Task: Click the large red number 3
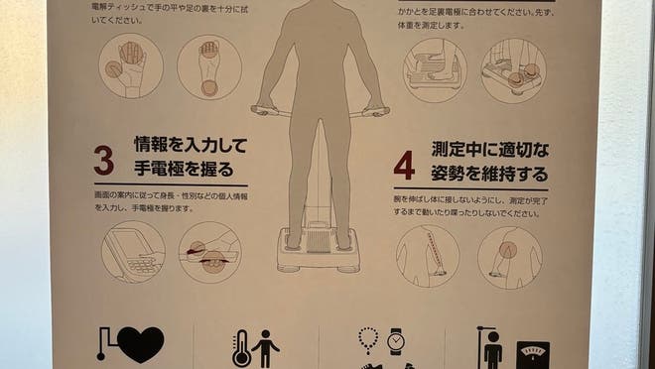coord(103,159)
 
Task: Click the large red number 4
coord(403,164)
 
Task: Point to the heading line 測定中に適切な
coord(490,151)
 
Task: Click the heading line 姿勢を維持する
coord(489,175)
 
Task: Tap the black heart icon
coord(139,344)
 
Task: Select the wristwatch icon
coord(396,341)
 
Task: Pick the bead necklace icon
coord(368,340)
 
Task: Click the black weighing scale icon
coord(532,354)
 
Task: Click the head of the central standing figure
coord(319,12)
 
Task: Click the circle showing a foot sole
coord(209,66)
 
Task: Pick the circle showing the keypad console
coord(133,254)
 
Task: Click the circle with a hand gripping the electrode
coord(209,254)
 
